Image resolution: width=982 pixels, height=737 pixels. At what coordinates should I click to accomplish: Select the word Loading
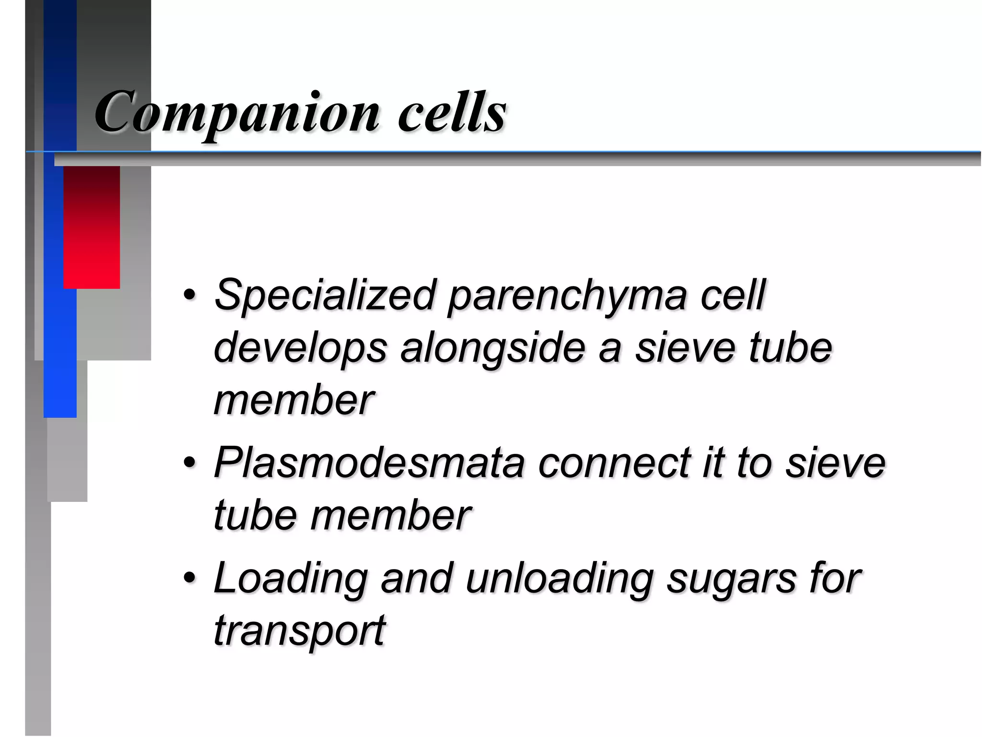pos(291,579)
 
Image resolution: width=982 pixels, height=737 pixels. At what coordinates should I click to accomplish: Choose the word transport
pos(299,630)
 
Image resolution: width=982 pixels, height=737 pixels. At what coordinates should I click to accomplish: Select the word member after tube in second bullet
pos(390,515)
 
